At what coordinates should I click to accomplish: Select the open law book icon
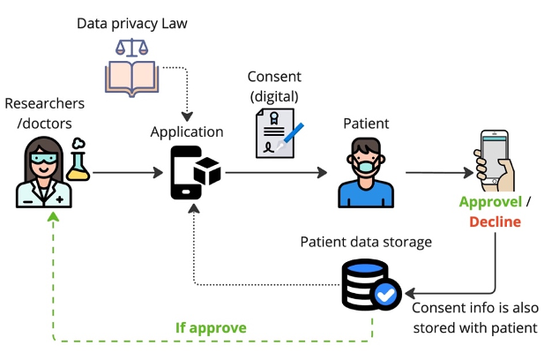coord(132,77)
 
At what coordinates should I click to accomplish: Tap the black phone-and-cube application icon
coord(195,173)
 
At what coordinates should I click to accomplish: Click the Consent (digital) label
coord(275,86)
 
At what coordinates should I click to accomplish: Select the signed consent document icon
coord(274,132)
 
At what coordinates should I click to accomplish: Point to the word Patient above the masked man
coord(366,124)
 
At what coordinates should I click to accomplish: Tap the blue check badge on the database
coord(385,294)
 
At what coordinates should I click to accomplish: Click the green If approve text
coord(210,328)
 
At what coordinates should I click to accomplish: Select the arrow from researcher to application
coord(123,174)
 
